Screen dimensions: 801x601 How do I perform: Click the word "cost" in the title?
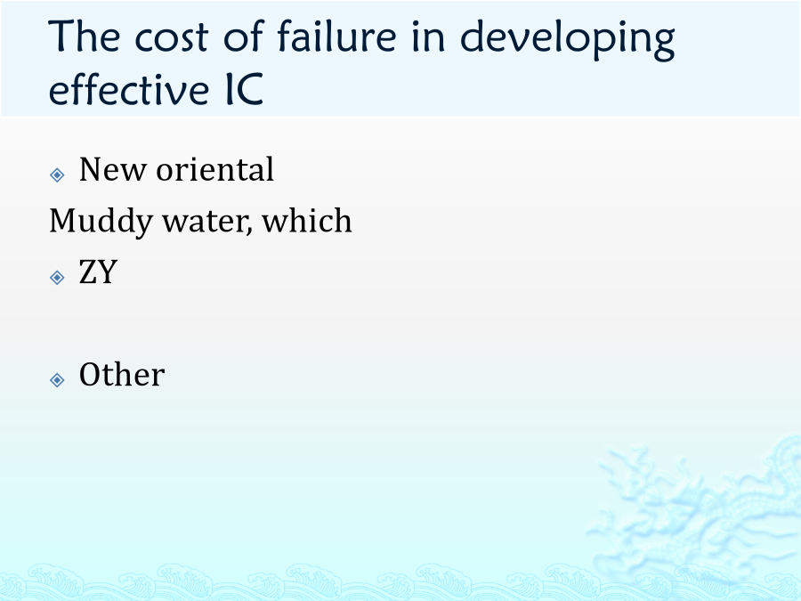[x=171, y=37]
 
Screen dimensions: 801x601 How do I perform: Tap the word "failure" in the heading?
[x=337, y=35]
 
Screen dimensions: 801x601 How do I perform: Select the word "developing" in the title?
[x=568, y=39]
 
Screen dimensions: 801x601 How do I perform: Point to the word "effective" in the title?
[x=129, y=88]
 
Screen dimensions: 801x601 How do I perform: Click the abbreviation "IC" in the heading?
[x=245, y=89]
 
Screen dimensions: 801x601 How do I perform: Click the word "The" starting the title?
[x=85, y=36]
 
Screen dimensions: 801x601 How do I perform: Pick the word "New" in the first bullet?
[x=112, y=169]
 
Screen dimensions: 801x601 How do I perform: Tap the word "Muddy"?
[x=101, y=222]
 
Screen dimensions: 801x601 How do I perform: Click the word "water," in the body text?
[x=207, y=222]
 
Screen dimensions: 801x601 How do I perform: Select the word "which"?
[x=307, y=220]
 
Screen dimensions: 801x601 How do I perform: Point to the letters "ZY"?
[x=98, y=272]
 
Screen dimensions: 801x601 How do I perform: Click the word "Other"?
[x=122, y=374]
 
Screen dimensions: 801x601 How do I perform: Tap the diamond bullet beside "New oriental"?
[x=57, y=175]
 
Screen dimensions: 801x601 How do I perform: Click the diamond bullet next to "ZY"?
[x=57, y=278]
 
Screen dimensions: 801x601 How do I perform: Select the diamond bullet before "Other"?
[x=57, y=379]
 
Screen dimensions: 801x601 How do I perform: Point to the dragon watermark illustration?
[x=695, y=506]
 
